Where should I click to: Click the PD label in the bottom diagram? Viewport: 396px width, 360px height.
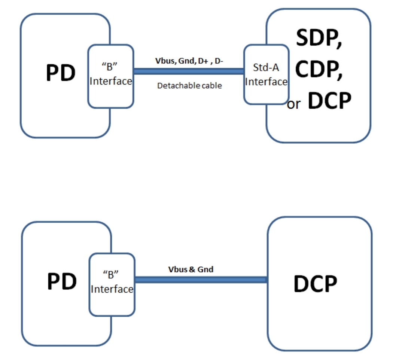62,281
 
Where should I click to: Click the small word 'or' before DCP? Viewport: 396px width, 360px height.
293,104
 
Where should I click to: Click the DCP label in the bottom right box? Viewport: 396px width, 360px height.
315,284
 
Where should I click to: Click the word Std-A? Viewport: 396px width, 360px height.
266,69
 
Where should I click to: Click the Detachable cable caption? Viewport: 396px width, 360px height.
189,86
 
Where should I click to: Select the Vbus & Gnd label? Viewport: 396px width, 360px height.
191,269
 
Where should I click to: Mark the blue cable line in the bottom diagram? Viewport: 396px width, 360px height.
200,280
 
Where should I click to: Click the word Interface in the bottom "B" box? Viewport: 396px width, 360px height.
112,289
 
